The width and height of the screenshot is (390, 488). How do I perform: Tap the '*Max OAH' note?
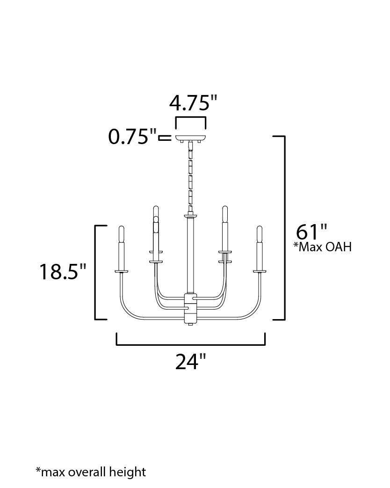pyautogui.click(x=323, y=247)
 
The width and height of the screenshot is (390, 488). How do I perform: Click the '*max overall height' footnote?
pyautogui.click(x=91, y=472)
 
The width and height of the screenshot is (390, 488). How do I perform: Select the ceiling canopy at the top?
pyautogui.click(x=191, y=138)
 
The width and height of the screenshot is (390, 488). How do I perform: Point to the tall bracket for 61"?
pyautogui.click(x=284, y=228)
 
